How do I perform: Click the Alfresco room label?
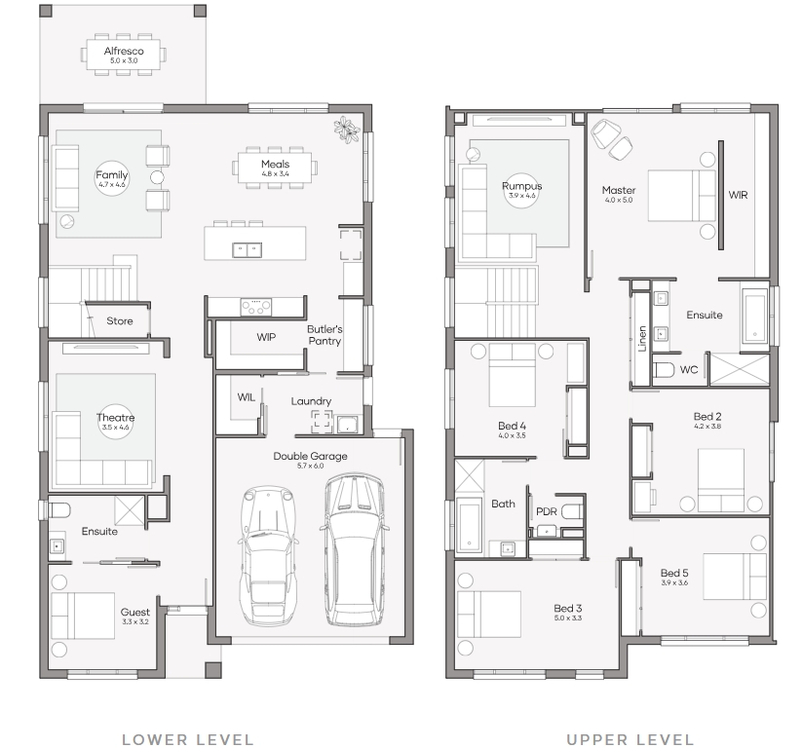[x=124, y=51]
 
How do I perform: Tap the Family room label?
[x=111, y=175]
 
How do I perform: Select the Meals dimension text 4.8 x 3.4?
[x=275, y=173]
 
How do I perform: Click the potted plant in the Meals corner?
[x=347, y=129]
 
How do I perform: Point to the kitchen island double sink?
[x=248, y=249]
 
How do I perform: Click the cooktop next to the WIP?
[x=255, y=307]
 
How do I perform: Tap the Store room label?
[x=120, y=320]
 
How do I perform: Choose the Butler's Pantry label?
[x=325, y=335]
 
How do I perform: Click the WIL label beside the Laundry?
[x=246, y=396]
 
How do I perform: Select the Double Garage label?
[x=311, y=456]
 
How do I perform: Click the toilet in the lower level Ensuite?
[x=58, y=509]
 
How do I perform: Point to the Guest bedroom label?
[x=135, y=612]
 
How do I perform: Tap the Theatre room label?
[x=116, y=417]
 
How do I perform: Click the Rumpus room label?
[x=521, y=186]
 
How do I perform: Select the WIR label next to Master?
[x=738, y=195]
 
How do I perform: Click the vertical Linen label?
[x=642, y=339]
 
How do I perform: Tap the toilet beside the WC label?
[x=665, y=369]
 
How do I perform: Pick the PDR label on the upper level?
[x=547, y=511]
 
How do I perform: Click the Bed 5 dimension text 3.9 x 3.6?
[x=674, y=582]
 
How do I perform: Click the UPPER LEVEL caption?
[x=630, y=739]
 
